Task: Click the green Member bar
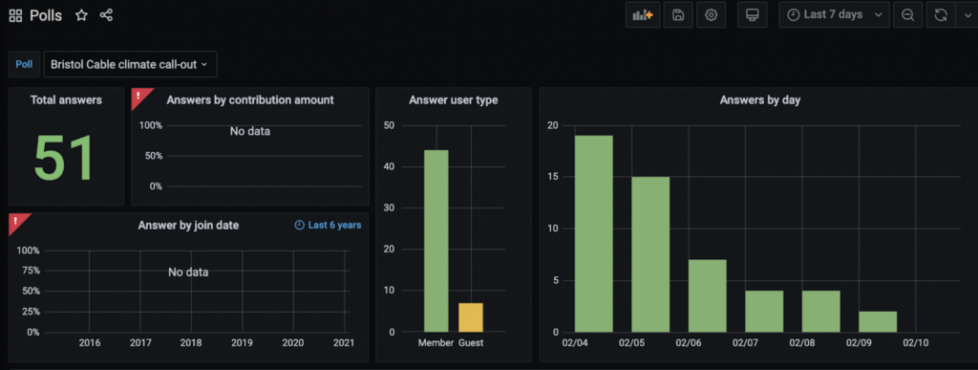pos(436,241)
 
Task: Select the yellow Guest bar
pos(471,317)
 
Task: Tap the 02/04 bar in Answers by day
pos(594,233)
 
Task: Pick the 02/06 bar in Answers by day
pos(708,295)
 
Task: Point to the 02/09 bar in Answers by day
pos(878,321)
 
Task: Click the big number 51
pos(65,158)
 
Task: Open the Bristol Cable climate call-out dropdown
pos(130,64)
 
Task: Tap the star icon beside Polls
pos(81,15)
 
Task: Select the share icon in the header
pos(106,15)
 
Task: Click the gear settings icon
pos(711,15)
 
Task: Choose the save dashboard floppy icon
pos(678,15)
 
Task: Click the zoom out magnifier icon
pos(908,15)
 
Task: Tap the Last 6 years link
pos(329,225)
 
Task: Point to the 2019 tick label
pos(242,342)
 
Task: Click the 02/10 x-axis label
pos(916,342)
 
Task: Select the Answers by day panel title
pos(759,99)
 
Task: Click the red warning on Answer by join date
pos(17,221)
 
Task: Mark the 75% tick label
pos(30,271)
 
